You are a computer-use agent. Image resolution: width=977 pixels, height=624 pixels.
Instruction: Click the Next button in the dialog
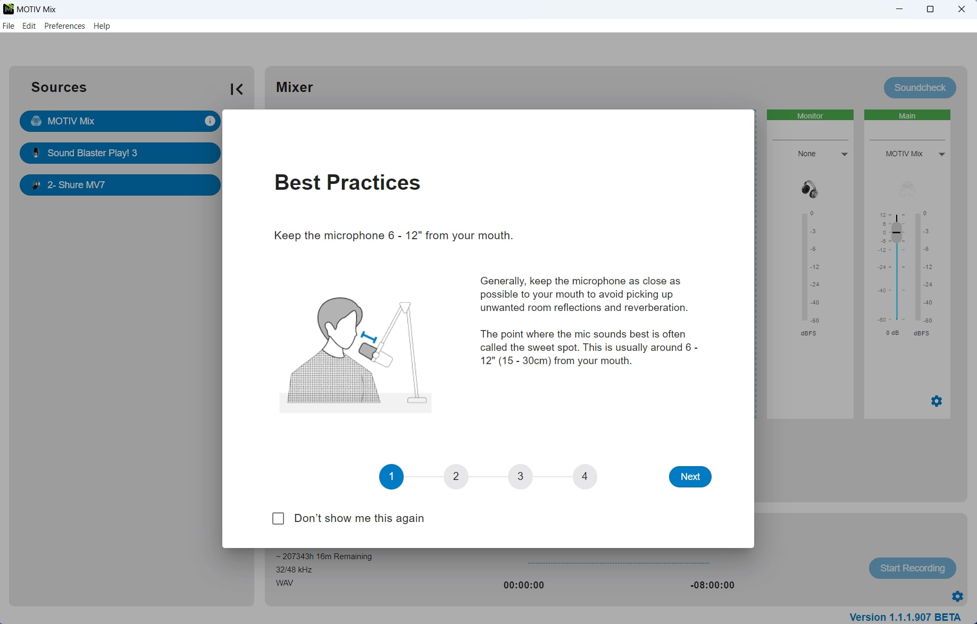(x=690, y=477)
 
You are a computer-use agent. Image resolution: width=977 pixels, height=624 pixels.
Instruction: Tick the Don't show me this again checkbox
(x=278, y=518)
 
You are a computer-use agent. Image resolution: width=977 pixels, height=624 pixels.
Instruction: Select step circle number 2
(x=456, y=476)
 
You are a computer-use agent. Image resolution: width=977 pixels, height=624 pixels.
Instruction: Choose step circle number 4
(x=584, y=476)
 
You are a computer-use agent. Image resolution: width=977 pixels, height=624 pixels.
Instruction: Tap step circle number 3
(x=520, y=476)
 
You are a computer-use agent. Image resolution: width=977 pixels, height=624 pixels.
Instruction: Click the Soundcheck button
(x=920, y=88)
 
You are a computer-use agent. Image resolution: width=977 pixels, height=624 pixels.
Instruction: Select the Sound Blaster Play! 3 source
(x=120, y=153)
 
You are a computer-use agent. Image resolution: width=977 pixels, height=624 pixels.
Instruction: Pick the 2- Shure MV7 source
(x=120, y=185)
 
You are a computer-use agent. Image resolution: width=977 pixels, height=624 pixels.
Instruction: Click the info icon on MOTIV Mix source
(x=210, y=121)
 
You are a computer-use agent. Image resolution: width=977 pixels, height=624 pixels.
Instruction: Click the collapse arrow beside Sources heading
(x=237, y=89)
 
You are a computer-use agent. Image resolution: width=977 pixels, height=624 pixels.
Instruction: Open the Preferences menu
(x=64, y=26)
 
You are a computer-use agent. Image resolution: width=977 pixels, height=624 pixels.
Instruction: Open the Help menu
(x=102, y=26)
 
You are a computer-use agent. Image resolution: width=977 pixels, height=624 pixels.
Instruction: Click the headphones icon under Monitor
(x=809, y=189)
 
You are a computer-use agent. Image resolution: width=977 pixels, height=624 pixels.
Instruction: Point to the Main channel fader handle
(x=897, y=233)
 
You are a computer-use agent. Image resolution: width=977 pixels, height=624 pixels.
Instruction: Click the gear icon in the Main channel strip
(x=937, y=401)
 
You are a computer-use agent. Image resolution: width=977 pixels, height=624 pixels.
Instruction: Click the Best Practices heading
(x=347, y=182)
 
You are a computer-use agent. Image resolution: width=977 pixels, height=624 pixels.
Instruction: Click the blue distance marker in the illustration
(x=369, y=337)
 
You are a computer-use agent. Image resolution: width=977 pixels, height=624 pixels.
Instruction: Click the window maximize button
(x=930, y=9)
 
